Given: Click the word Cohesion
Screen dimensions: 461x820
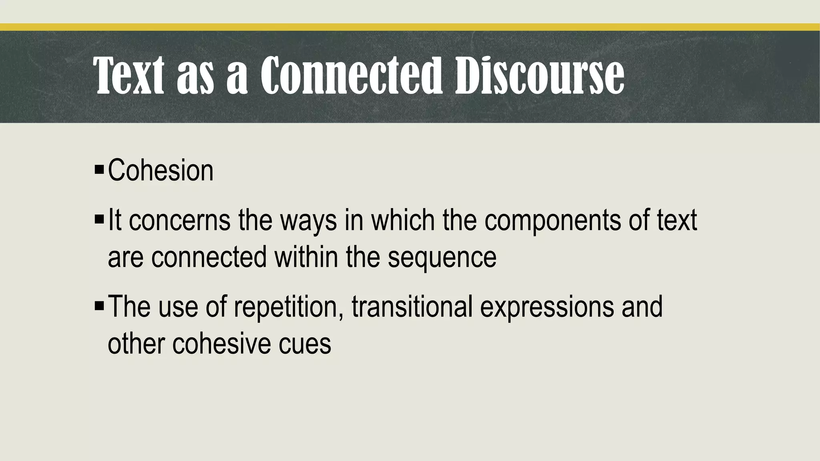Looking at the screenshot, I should (x=161, y=170).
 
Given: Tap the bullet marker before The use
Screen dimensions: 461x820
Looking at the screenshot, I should (x=99, y=306).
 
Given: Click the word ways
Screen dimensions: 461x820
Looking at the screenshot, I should (x=308, y=221).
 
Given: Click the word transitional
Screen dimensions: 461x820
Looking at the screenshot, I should (x=412, y=307).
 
